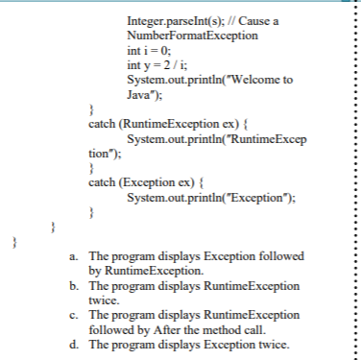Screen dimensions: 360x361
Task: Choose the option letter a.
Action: coord(75,259)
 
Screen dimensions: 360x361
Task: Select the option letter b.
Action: coord(75,286)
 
